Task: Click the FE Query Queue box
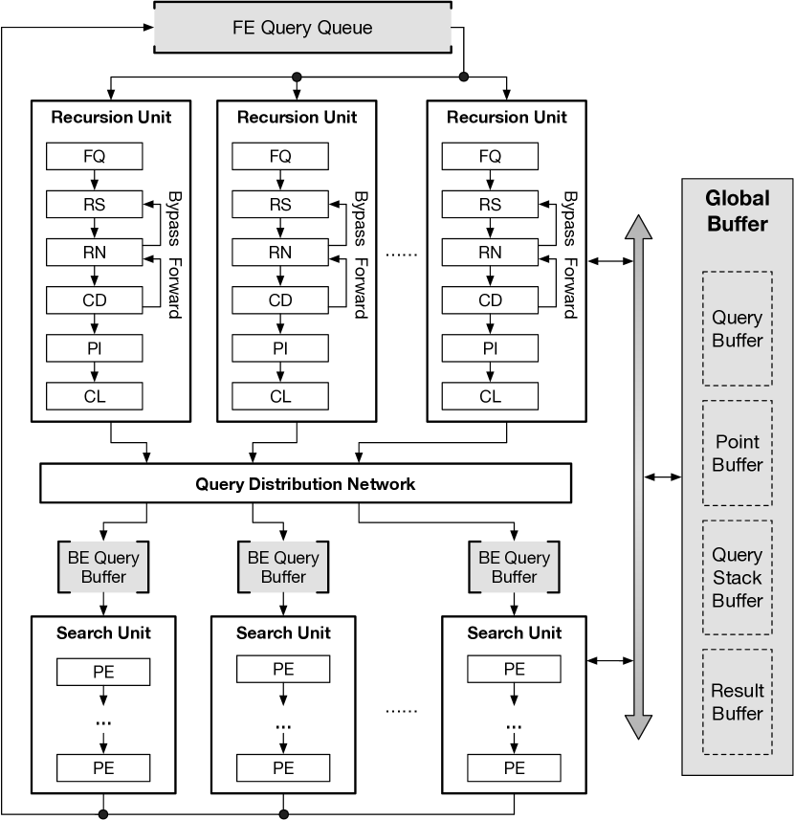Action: [x=302, y=27]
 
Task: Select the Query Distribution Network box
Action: [x=306, y=483]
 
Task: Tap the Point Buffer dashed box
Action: [x=737, y=453]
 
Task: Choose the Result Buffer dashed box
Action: [x=737, y=701]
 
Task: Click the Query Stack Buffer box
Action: [x=737, y=577]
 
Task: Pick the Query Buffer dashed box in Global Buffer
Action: [x=737, y=328]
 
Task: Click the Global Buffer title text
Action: [x=737, y=211]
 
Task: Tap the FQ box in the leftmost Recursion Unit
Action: [x=94, y=156]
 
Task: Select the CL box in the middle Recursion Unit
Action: [x=280, y=396]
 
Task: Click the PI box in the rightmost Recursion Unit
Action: [x=490, y=347]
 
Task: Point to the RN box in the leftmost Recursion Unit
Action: [x=94, y=252]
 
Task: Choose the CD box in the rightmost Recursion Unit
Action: [x=490, y=300]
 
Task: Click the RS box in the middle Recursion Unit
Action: [x=280, y=204]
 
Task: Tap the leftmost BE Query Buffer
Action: [x=103, y=566]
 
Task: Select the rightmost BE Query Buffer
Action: [x=515, y=566]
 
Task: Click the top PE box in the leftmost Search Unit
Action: [x=103, y=672]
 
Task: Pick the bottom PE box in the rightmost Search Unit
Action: [x=515, y=767]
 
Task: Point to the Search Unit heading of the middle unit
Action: [x=283, y=632]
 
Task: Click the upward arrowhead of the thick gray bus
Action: [x=639, y=227]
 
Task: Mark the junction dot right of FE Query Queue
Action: [x=464, y=77]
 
